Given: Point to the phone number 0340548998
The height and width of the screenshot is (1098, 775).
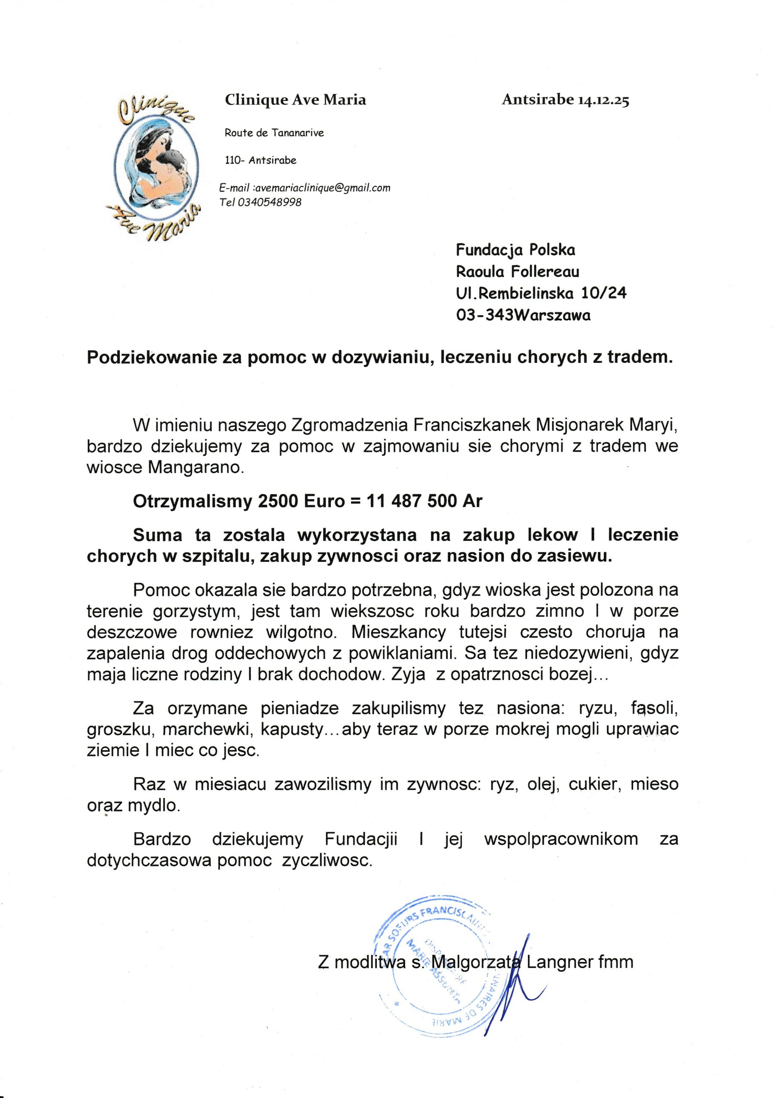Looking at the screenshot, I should click(269, 202).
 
